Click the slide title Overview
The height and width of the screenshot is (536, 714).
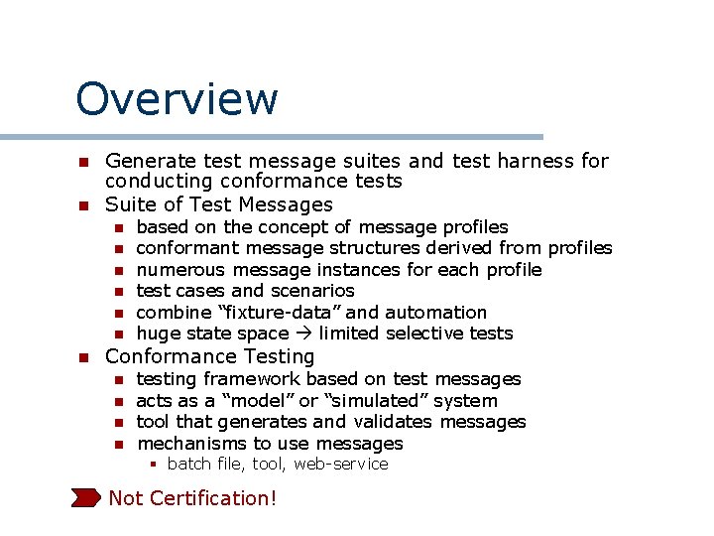(x=177, y=99)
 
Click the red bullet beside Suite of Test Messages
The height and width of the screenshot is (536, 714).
(x=84, y=205)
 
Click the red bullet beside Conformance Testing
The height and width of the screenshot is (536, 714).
(x=84, y=357)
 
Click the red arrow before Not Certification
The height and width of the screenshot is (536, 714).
(x=86, y=497)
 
